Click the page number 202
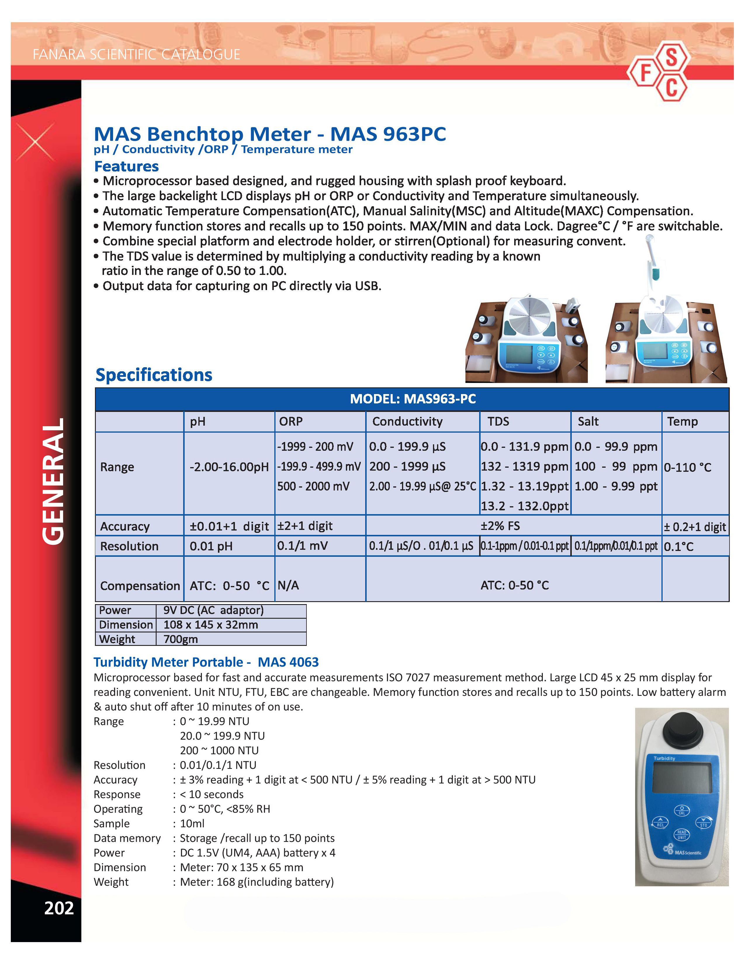coord(59,908)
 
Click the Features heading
coord(126,167)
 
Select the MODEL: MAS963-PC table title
coord(412,399)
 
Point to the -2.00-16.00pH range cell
coord(229,467)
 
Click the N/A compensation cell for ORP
coord(288,585)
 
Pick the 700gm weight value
coord(181,639)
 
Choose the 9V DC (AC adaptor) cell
coord(213,611)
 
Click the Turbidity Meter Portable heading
coord(206,662)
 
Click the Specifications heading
coord(154,375)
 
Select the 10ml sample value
coord(192,824)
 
